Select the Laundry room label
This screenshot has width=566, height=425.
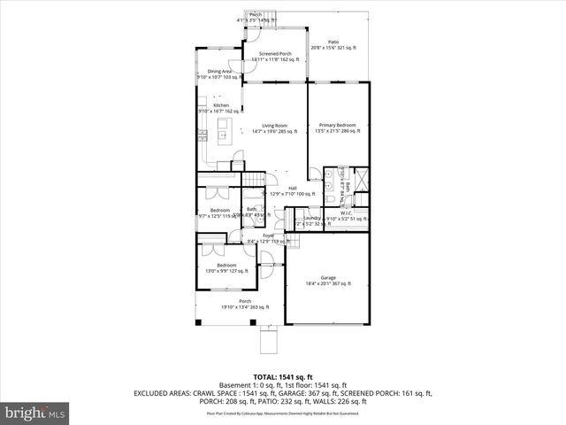tap(312, 220)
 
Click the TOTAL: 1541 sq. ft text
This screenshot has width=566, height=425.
tap(282, 377)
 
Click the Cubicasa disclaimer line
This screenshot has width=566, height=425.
tap(282, 413)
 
